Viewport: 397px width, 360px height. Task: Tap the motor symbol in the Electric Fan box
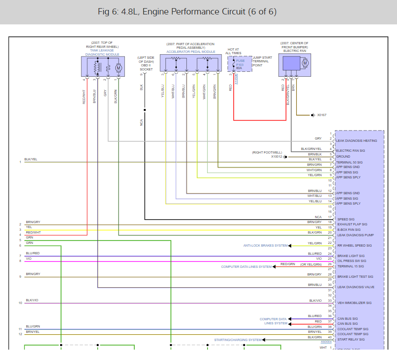click(x=304, y=63)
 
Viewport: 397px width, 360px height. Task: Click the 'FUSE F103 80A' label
click(x=240, y=65)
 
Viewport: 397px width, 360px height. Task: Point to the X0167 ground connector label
click(x=321, y=115)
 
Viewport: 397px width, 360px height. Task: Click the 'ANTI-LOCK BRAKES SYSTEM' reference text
click(x=265, y=246)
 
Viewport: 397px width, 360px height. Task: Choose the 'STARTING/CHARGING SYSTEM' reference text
click(x=238, y=340)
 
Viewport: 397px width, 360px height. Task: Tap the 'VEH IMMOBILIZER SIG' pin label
click(x=354, y=303)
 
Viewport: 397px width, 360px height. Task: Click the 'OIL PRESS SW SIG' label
click(x=352, y=261)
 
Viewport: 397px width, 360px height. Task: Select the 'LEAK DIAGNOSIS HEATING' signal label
click(x=356, y=141)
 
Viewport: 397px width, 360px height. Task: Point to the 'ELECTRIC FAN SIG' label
click(x=350, y=151)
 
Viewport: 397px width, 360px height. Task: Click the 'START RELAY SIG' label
click(x=351, y=339)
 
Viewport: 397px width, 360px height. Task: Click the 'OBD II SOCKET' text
click(x=146, y=67)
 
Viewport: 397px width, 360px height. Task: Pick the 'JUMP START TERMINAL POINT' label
click(x=260, y=61)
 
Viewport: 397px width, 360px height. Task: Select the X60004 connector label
click(x=326, y=342)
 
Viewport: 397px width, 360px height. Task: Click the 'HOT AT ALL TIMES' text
click(x=233, y=51)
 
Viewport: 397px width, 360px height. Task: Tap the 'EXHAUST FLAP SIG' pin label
click(x=352, y=224)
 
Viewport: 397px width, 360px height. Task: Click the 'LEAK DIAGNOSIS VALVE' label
click(x=355, y=287)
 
